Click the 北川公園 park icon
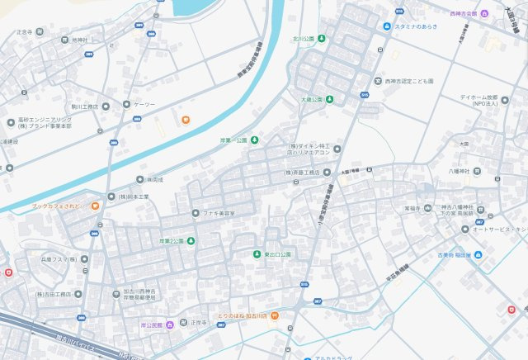coord(322,38)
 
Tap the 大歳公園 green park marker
coord(329,100)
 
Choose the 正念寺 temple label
coord(24,32)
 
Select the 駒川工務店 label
coord(85,107)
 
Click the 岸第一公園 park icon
coord(254,140)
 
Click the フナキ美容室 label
coord(219,214)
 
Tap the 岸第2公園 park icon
coord(191,241)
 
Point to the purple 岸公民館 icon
coord(169,324)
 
